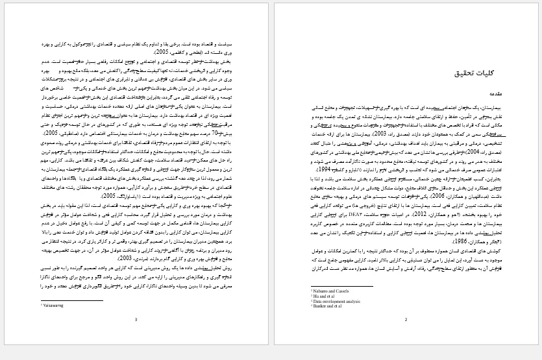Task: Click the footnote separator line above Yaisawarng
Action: (71, 300)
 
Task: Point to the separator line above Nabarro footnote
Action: (341, 287)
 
